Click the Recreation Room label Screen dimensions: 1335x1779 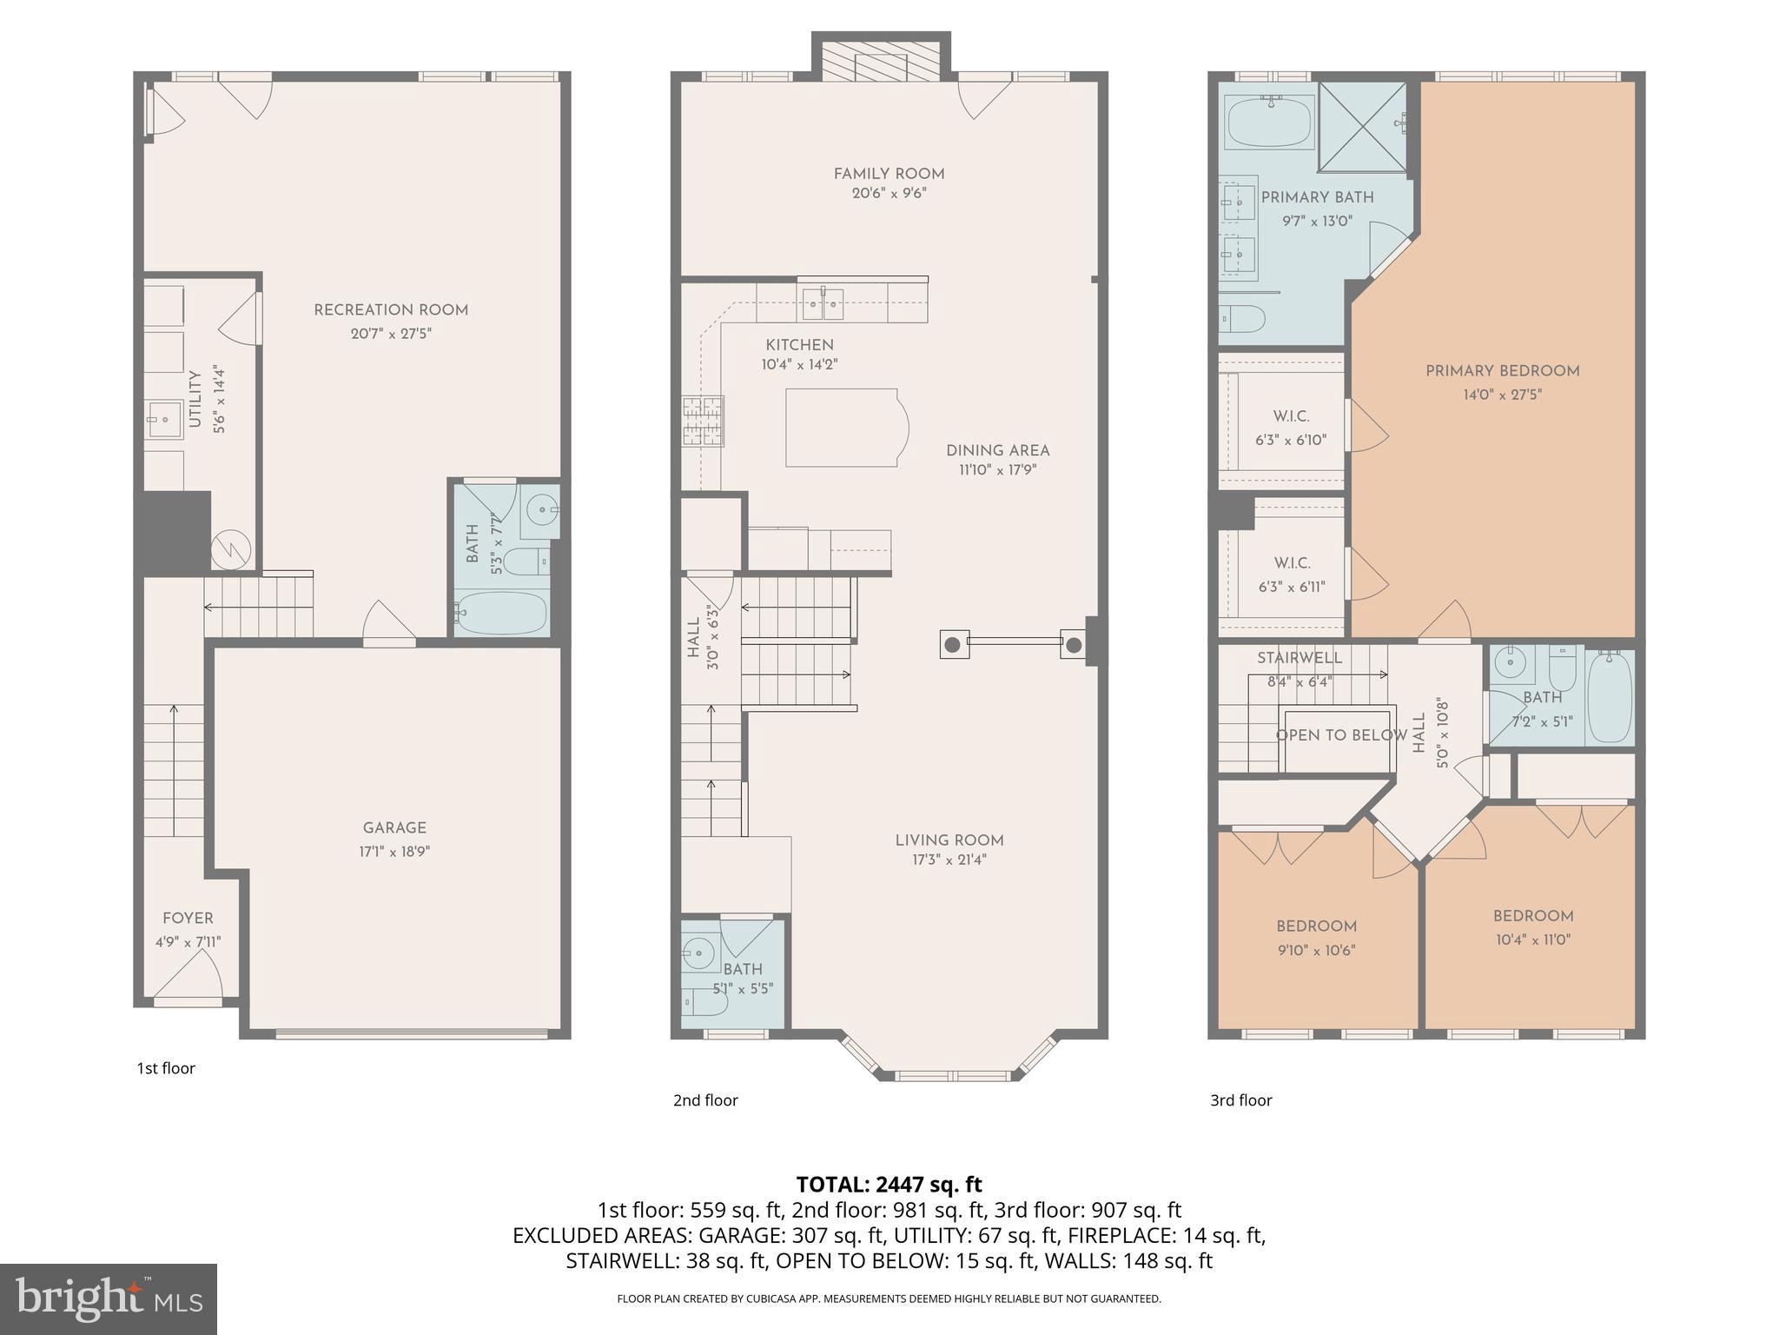pos(390,310)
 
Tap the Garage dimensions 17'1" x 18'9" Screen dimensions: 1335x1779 pos(394,852)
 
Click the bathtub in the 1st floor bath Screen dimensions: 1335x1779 pos(501,613)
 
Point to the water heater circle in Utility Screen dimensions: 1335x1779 pos(231,548)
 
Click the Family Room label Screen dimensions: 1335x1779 pos(889,174)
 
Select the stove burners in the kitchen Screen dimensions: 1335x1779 pos(702,421)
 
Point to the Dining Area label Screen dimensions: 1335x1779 pos(997,450)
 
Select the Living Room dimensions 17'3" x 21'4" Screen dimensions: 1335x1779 pos(949,860)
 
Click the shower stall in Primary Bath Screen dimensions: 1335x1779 pos(1361,127)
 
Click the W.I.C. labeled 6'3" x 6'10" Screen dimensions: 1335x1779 pos(1291,428)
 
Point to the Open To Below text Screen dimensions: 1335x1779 pos(1340,735)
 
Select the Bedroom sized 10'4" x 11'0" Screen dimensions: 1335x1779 pos(1532,927)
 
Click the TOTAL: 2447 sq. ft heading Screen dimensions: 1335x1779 pos(889,1184)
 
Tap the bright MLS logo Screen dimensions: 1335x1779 pos(109,1298)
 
